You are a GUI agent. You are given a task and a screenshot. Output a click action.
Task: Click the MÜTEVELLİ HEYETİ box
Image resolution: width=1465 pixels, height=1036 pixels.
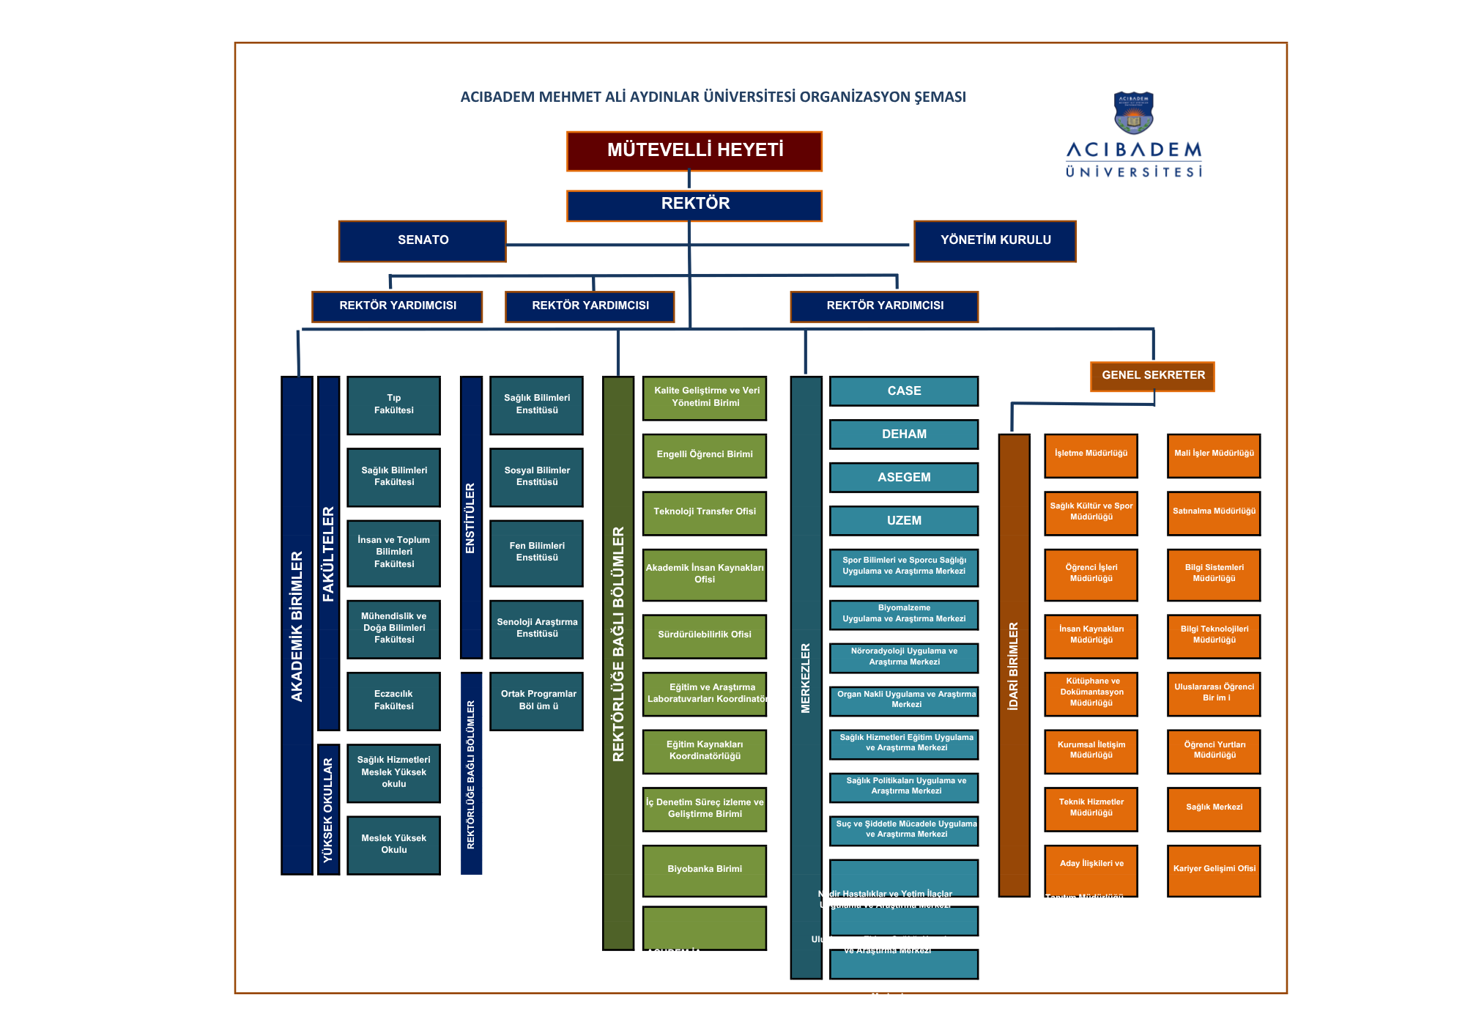[x=694, y=151]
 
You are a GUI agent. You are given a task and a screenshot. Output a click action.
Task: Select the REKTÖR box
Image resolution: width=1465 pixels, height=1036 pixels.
[x=694, y=205]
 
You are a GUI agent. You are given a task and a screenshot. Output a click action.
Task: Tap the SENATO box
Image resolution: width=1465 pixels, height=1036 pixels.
[x=422, y=240]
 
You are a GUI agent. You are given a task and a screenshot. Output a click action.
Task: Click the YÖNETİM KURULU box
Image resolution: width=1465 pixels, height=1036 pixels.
[x=995, y=240]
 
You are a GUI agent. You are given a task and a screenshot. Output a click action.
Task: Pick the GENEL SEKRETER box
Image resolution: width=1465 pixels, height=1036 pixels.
[x=1152, y=376]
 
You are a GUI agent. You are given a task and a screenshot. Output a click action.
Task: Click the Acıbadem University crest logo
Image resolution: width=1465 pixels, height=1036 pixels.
[x=1133, y=113]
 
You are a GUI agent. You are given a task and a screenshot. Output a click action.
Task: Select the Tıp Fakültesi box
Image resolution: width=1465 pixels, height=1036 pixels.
[x=393, y=405]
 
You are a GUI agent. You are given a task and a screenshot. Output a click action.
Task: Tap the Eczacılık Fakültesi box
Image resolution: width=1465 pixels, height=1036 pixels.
[x=393, y=700]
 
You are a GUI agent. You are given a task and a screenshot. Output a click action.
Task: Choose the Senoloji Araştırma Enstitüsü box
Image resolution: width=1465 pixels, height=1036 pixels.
[x=536, y=629]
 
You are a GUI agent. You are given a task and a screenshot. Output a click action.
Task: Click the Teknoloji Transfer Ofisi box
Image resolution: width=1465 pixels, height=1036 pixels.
[x=704, y=512]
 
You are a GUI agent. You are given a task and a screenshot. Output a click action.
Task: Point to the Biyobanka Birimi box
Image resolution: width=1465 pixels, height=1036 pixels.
[x=704, y=870]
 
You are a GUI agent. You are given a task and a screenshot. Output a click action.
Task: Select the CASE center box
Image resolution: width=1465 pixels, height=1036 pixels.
[x=904, y=391]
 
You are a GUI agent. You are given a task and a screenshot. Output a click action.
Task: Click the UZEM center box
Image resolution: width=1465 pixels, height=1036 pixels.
[x=904, y=521]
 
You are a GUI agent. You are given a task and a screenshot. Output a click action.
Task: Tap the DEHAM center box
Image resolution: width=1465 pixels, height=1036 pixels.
[x=904, y=434]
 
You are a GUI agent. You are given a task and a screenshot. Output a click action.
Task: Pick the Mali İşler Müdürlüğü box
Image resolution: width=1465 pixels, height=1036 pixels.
[x=1214, y=454]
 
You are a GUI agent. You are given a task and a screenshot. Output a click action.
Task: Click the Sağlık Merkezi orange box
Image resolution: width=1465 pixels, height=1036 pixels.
[x=1214, y=808]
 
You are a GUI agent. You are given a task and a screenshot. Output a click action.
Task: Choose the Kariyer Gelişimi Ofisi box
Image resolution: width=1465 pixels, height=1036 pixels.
[x=1214, y=870]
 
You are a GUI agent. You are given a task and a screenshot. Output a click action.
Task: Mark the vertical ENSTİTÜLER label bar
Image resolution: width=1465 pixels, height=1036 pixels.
[x=471, y=517]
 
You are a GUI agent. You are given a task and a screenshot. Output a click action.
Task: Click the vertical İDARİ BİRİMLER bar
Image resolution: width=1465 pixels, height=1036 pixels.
[x=1014, y=665]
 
